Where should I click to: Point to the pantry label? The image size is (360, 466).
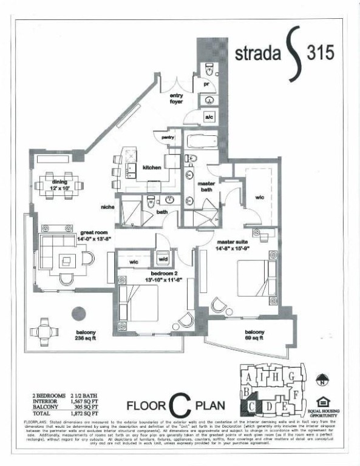(x=168, y=138)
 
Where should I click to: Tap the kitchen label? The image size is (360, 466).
(x=151, y=167)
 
